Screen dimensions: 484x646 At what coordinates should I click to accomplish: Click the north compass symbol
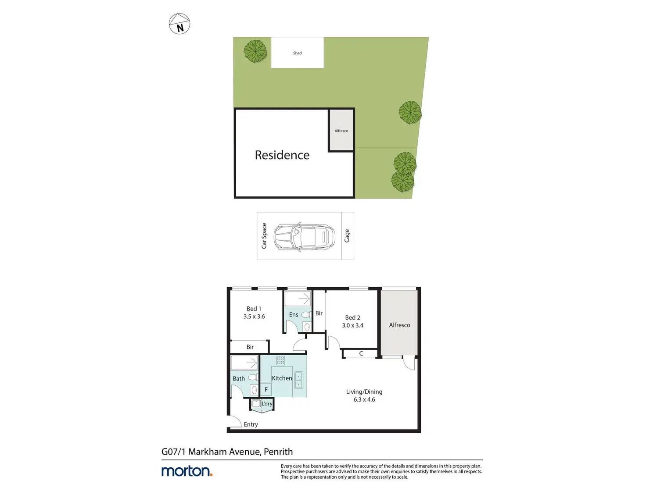click(179, 24)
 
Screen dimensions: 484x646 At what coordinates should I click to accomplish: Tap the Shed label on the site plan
click(297, 53)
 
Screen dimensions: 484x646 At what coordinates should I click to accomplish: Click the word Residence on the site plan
click(282, 155)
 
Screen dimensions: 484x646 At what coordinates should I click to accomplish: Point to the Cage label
click(347, 236)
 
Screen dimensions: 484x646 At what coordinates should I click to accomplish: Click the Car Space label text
click(264, 236)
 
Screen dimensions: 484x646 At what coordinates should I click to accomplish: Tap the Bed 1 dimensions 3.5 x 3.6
click(254, 317)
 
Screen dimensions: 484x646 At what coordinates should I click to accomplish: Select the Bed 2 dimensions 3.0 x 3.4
click(352, 325)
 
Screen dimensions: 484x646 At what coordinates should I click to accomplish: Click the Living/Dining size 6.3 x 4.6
click(364, 399)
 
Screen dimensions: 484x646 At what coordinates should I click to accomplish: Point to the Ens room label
click(294, 315)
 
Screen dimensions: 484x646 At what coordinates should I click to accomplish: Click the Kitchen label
click(282, 378)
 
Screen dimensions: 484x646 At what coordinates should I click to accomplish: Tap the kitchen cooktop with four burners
click(280, 360)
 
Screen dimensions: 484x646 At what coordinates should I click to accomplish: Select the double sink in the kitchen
click(298, 380)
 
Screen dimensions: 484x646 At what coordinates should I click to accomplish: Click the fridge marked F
click(266, 389)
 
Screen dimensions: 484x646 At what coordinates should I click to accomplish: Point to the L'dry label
click(267, 404)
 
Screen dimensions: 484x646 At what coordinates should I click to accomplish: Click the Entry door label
click(251, 424)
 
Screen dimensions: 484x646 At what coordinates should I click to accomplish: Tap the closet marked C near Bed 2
click(361, 353)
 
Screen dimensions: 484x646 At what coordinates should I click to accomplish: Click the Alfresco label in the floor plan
click(399, 325)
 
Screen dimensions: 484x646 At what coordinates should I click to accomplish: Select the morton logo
click(187, 471)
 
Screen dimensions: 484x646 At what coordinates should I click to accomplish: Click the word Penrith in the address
click(278, 452)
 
